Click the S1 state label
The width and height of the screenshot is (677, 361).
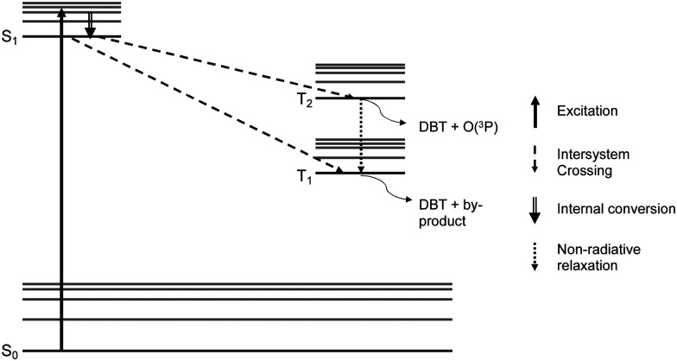(x=9, y=38)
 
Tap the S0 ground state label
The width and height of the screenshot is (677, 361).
(x=9, y=351)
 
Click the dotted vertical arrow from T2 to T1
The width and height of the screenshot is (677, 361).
(x=361, y=135)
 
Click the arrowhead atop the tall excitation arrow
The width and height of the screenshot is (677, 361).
(x=60, y=12)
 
